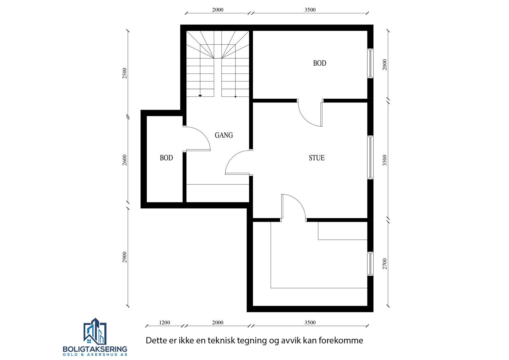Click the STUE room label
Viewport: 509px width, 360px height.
click(x=317, y=158)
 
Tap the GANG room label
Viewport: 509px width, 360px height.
click(x=224, y=135)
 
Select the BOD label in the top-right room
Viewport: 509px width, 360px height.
click(x=319, y=63)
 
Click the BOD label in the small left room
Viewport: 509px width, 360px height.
click(x=166, y=158)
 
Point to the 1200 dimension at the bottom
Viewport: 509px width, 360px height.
click(x=164, y=322)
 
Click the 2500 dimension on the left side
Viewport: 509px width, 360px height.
click(x=125, y=74)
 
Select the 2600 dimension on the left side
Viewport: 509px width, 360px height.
click(x=125, y=160)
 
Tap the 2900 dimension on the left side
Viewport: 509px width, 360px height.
click(x=125, y=257)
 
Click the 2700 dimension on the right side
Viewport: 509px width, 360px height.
click(x=385, y=264)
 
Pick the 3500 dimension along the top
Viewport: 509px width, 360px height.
click(x=310, y=10)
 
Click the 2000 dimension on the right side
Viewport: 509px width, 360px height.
click(x=385, y=65)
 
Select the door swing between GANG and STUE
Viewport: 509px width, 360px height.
click(x=237, y=162)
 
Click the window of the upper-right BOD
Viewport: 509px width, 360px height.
click(x=370, y=63)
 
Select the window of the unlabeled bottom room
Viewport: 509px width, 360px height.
click(x=370, y=264)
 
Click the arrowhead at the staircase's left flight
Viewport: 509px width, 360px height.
click(x=200, y=95)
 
